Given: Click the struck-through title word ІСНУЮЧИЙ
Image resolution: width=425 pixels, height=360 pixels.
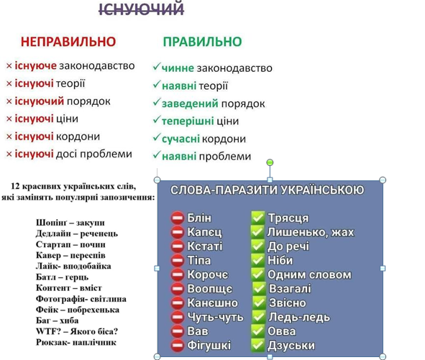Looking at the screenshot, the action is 141,9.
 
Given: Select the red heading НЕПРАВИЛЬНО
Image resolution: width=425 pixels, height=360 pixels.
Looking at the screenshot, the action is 68,42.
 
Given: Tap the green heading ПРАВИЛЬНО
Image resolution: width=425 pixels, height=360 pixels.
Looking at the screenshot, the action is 202,42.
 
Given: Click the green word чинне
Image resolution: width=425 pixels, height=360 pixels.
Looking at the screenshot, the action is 178,68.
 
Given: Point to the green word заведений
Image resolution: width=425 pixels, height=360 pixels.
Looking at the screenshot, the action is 190,103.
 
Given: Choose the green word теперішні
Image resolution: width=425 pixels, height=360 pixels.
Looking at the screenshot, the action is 188,121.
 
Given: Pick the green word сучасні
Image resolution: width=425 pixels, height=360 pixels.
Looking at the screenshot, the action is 180,139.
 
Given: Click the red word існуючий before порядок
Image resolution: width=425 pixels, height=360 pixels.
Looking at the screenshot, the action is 40,101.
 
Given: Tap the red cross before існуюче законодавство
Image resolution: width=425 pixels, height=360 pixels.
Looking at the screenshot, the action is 9,66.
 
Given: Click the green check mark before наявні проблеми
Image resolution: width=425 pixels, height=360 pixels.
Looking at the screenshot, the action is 156,155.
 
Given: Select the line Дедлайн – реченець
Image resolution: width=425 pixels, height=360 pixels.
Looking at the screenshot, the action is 77,234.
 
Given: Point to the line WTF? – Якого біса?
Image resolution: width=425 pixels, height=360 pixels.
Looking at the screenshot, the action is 77,331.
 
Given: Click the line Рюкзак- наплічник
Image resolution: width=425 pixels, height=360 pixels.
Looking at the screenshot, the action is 76,342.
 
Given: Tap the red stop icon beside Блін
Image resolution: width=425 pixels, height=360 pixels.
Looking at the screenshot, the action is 178,218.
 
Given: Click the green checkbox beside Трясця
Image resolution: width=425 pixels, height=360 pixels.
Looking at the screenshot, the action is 257,218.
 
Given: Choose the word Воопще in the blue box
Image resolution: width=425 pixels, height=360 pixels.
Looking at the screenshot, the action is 210,289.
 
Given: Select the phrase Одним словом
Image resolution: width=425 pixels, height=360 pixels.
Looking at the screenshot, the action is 309,274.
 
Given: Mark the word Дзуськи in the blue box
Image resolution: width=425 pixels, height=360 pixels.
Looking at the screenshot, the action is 291,346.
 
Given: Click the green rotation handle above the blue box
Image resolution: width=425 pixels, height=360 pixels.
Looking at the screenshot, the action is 270,162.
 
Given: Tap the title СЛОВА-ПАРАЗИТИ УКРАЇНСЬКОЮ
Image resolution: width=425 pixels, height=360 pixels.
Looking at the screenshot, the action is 268,190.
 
